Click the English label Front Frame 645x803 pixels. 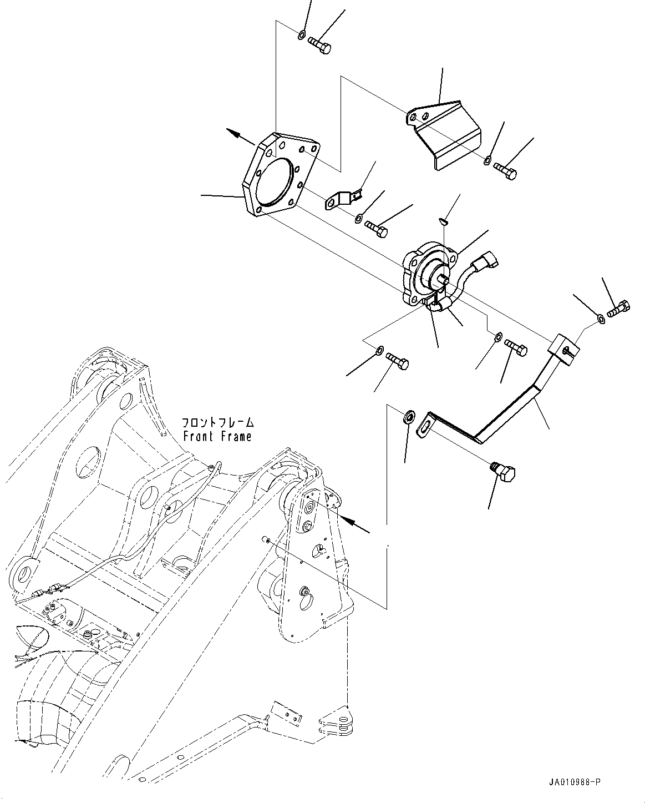click(217, 437)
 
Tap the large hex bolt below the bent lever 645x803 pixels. click(504, 473)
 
